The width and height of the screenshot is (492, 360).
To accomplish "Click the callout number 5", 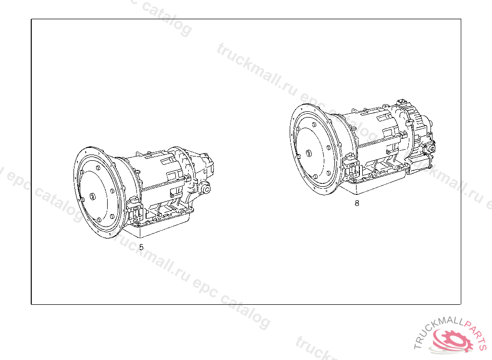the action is tap(141, 247).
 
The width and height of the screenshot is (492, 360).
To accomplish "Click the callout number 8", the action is tap(357, 203).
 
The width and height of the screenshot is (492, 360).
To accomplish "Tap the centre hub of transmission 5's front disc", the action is tap(93, 196).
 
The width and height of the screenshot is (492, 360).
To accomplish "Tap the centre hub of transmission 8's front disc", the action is tap(308, 154).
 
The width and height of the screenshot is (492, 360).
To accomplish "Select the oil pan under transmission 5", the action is tap(157, 225).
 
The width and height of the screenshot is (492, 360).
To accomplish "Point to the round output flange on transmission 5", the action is tap(207, 189).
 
